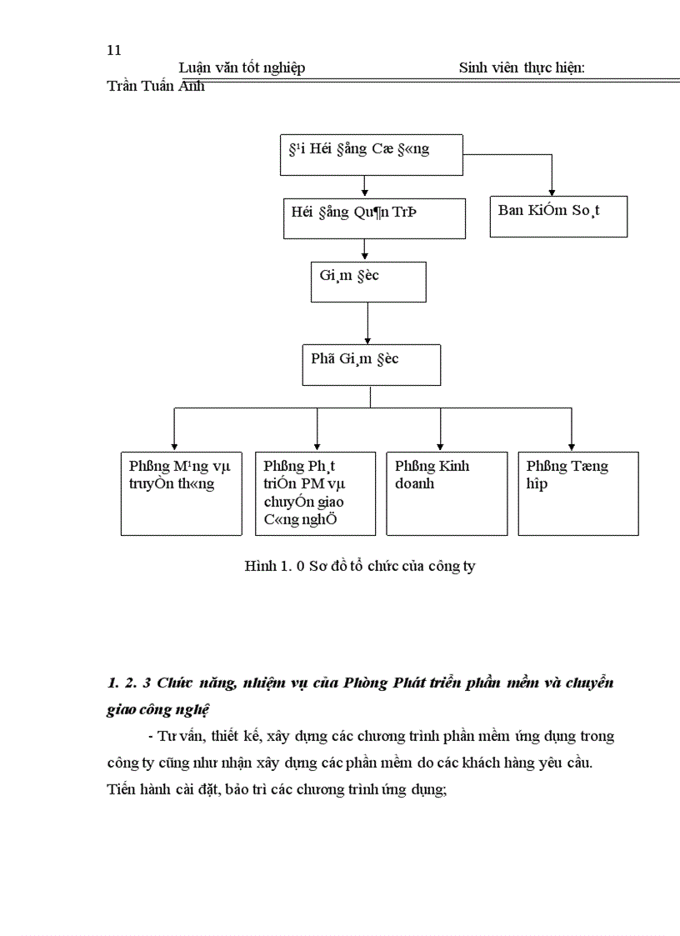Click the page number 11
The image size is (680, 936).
114,50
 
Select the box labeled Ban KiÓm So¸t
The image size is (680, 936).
557,217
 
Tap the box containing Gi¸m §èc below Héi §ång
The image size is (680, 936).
367,282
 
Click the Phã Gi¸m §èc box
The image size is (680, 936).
371,364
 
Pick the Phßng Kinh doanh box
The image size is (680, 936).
447,493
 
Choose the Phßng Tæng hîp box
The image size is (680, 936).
578,493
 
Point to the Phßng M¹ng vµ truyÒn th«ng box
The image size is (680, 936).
181,493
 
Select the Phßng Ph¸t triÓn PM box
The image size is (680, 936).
315,493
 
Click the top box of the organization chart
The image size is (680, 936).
371,155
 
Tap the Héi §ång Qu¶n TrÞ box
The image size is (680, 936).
373,219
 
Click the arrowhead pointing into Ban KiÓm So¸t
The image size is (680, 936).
552,193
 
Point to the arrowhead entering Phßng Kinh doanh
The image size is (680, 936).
440,446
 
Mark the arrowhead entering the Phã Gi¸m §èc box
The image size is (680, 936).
367,339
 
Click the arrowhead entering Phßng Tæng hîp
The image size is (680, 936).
571,446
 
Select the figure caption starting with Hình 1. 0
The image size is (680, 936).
360,567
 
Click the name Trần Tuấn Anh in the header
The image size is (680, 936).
156,86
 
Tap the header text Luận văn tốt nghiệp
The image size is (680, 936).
242,68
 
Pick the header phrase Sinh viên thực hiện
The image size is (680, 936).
521,68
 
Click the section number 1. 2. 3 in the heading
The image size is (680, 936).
128,683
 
